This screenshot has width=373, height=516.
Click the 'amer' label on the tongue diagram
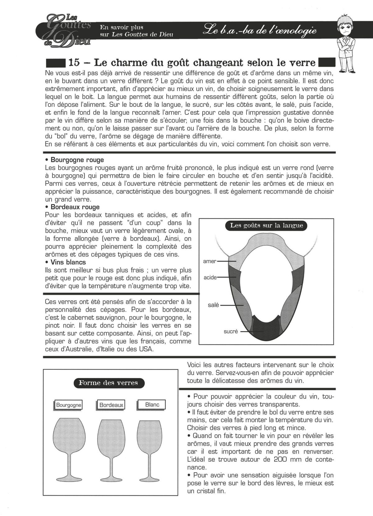click(x=210, y=261)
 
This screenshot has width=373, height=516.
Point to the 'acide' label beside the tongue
click(x=210, y=277)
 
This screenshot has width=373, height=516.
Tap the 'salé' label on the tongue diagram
click(x=214, y=305)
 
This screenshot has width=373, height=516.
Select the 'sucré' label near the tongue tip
click(x=231, y=331)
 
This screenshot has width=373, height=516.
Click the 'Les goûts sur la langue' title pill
click(x=266, y=226)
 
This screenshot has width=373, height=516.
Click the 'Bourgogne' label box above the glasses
click(x=68, y=405)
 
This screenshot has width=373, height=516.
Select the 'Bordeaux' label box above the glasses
click(x=111, y=405)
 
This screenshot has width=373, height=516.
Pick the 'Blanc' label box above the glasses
click(x=152, y=404)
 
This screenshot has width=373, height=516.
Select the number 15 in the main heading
click(x=74, y=62)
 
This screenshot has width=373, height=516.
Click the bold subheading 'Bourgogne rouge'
click(x=77, y=160)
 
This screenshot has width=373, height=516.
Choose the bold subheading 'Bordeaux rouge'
click(x=75, y=207)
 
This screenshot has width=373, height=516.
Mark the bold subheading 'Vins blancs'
click(x=68, y=262)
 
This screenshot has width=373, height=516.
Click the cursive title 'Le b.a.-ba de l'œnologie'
click(x=259, y=31)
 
